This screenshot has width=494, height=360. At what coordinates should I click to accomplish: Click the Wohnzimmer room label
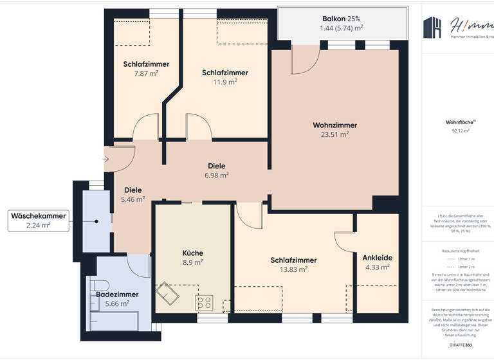click(x=334, y=125)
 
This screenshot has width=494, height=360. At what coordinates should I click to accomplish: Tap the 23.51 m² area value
click(x=334, y=135)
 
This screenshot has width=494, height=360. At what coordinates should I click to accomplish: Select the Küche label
click(x=192, y=252)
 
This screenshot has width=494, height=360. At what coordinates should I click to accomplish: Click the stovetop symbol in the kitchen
click(x=205, y=301)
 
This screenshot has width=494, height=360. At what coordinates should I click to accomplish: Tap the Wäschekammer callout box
click(x=38, y=221)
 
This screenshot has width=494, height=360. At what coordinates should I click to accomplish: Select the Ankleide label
click(x=377, y=257)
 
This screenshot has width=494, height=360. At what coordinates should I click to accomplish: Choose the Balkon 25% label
click(x=342, y=19)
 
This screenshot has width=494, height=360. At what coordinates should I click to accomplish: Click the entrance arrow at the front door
click(x=106, y=158)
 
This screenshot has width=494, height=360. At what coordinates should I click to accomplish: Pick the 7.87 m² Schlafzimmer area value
click(x=146, y=73)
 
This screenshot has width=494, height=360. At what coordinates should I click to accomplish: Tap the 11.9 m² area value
click(x=224, y=82)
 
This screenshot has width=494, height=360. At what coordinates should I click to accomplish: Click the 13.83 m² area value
click(x=293, y=269)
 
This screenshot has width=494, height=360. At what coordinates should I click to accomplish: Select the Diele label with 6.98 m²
click(x=216, y=165)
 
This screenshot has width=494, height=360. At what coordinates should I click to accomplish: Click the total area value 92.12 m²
click(x=460, y=130)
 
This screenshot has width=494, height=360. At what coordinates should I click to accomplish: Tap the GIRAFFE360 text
click(x=461, y=345)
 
